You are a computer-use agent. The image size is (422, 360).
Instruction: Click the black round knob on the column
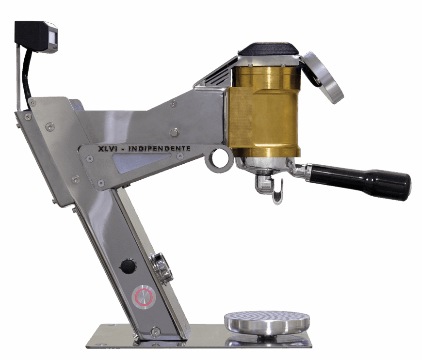pyautogui.click(x=128, y=266)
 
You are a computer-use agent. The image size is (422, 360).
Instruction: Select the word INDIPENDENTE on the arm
pyautogui.click(x=159, y=148)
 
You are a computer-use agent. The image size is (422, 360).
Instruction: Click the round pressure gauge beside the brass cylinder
pyautogui.click(x=323, y=77)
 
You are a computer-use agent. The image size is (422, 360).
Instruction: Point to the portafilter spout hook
pyautogui.click(x=278, y=193)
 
